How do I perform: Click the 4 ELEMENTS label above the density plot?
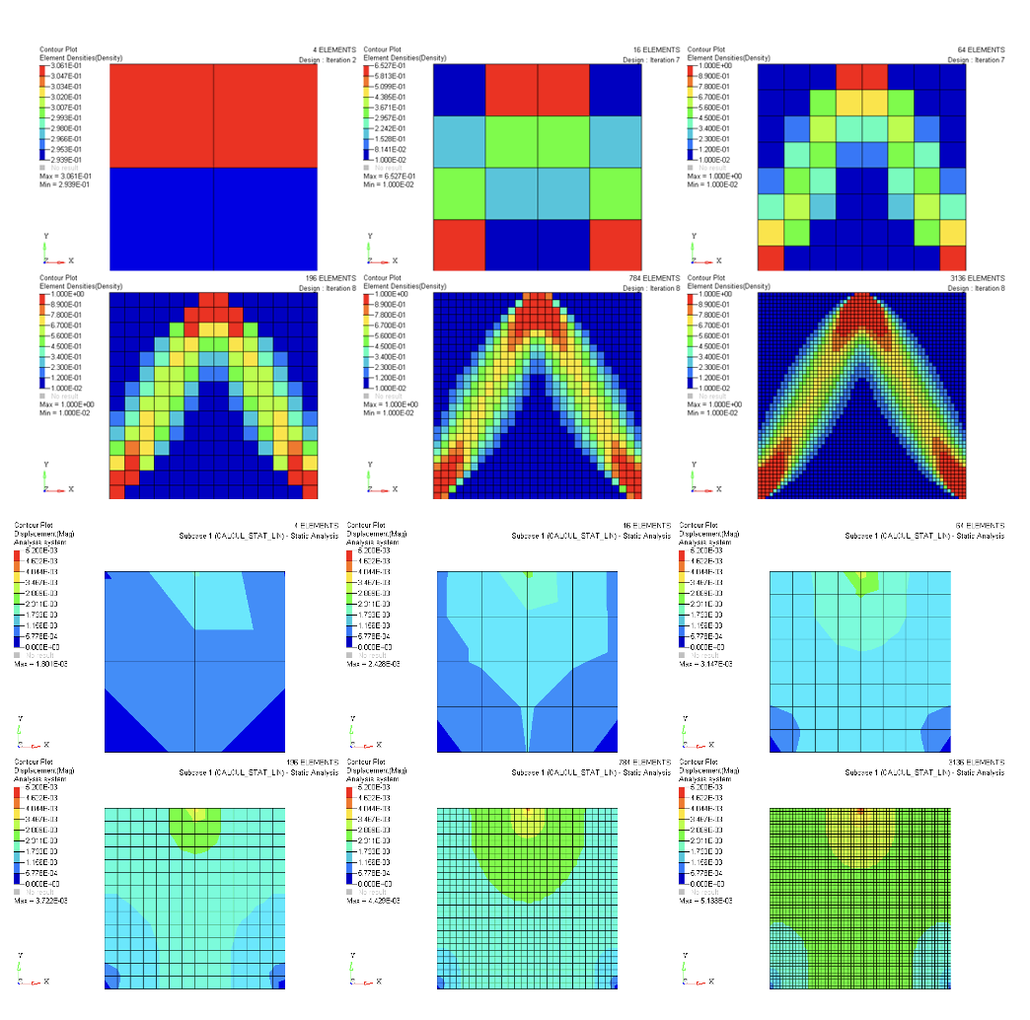(329, 50)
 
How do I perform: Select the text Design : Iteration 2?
(318, 60)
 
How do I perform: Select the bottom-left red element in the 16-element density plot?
(460, 245)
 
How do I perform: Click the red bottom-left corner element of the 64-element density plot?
(770, 257)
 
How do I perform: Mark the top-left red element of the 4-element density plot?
(162, 116)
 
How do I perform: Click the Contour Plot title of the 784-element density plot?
(382, 279)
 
